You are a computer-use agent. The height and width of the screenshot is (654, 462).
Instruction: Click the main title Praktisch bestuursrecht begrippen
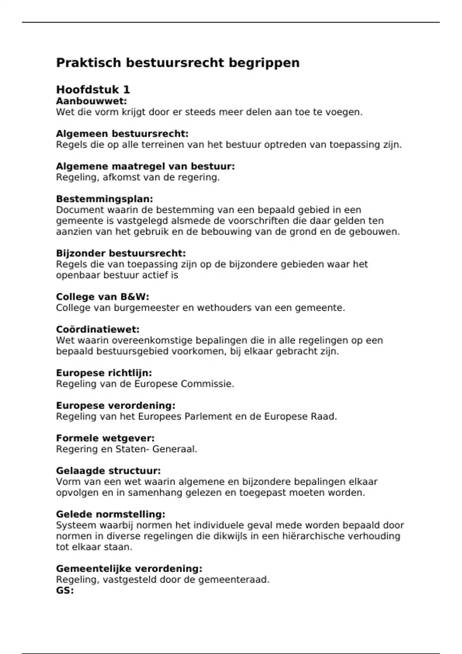(x=177, y=63)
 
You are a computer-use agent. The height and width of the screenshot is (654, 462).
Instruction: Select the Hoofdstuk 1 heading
(x=93, y=90)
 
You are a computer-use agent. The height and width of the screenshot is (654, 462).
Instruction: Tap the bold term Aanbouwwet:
(x=91, y=101)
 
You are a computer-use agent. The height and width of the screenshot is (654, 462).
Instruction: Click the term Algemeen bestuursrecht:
(x=122, y=134)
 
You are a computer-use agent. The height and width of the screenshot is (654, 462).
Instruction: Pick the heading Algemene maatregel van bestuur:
(x=145, y=167)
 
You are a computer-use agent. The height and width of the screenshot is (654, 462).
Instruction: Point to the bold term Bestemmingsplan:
(x=104, y=199)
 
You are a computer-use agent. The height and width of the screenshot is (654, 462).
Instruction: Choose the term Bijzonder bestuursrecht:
(x=121, y=254)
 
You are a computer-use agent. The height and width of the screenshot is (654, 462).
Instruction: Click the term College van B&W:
(x=102, y=297)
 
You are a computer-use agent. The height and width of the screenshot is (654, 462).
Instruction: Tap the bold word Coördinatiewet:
(x=98, y=330)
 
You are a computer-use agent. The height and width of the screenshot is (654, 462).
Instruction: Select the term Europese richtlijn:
(x=104, y=373)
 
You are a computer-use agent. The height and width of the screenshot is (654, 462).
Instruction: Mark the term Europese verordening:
(x=115, y=405)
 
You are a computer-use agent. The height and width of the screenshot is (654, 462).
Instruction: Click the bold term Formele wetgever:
(x=105, y=438)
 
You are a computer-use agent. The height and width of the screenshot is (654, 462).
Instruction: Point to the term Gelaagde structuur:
(x=108, y=471)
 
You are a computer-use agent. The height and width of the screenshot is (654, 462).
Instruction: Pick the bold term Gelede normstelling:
(x=110, y=514)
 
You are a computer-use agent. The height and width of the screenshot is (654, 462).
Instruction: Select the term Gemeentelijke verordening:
(x=129, y=569)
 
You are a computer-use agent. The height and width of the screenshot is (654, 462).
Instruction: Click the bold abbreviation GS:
(x=65, y=591)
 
